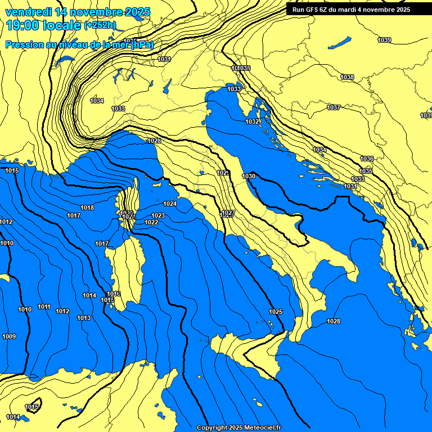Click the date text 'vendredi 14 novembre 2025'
point(77,12)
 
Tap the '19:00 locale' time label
point(43,25)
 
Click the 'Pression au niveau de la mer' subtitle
point(79,44)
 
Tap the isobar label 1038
point(347,77)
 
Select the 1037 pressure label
point(334,107)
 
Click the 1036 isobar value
point(367,159)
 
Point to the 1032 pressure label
point(252,122)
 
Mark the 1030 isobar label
point(249,177)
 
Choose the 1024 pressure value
point(170,204)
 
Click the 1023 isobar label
point(158,216)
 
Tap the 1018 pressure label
point(87,208)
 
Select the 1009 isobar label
point(9,337)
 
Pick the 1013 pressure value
point(84,318)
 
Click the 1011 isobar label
point(44,307)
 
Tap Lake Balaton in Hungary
point(339,43)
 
